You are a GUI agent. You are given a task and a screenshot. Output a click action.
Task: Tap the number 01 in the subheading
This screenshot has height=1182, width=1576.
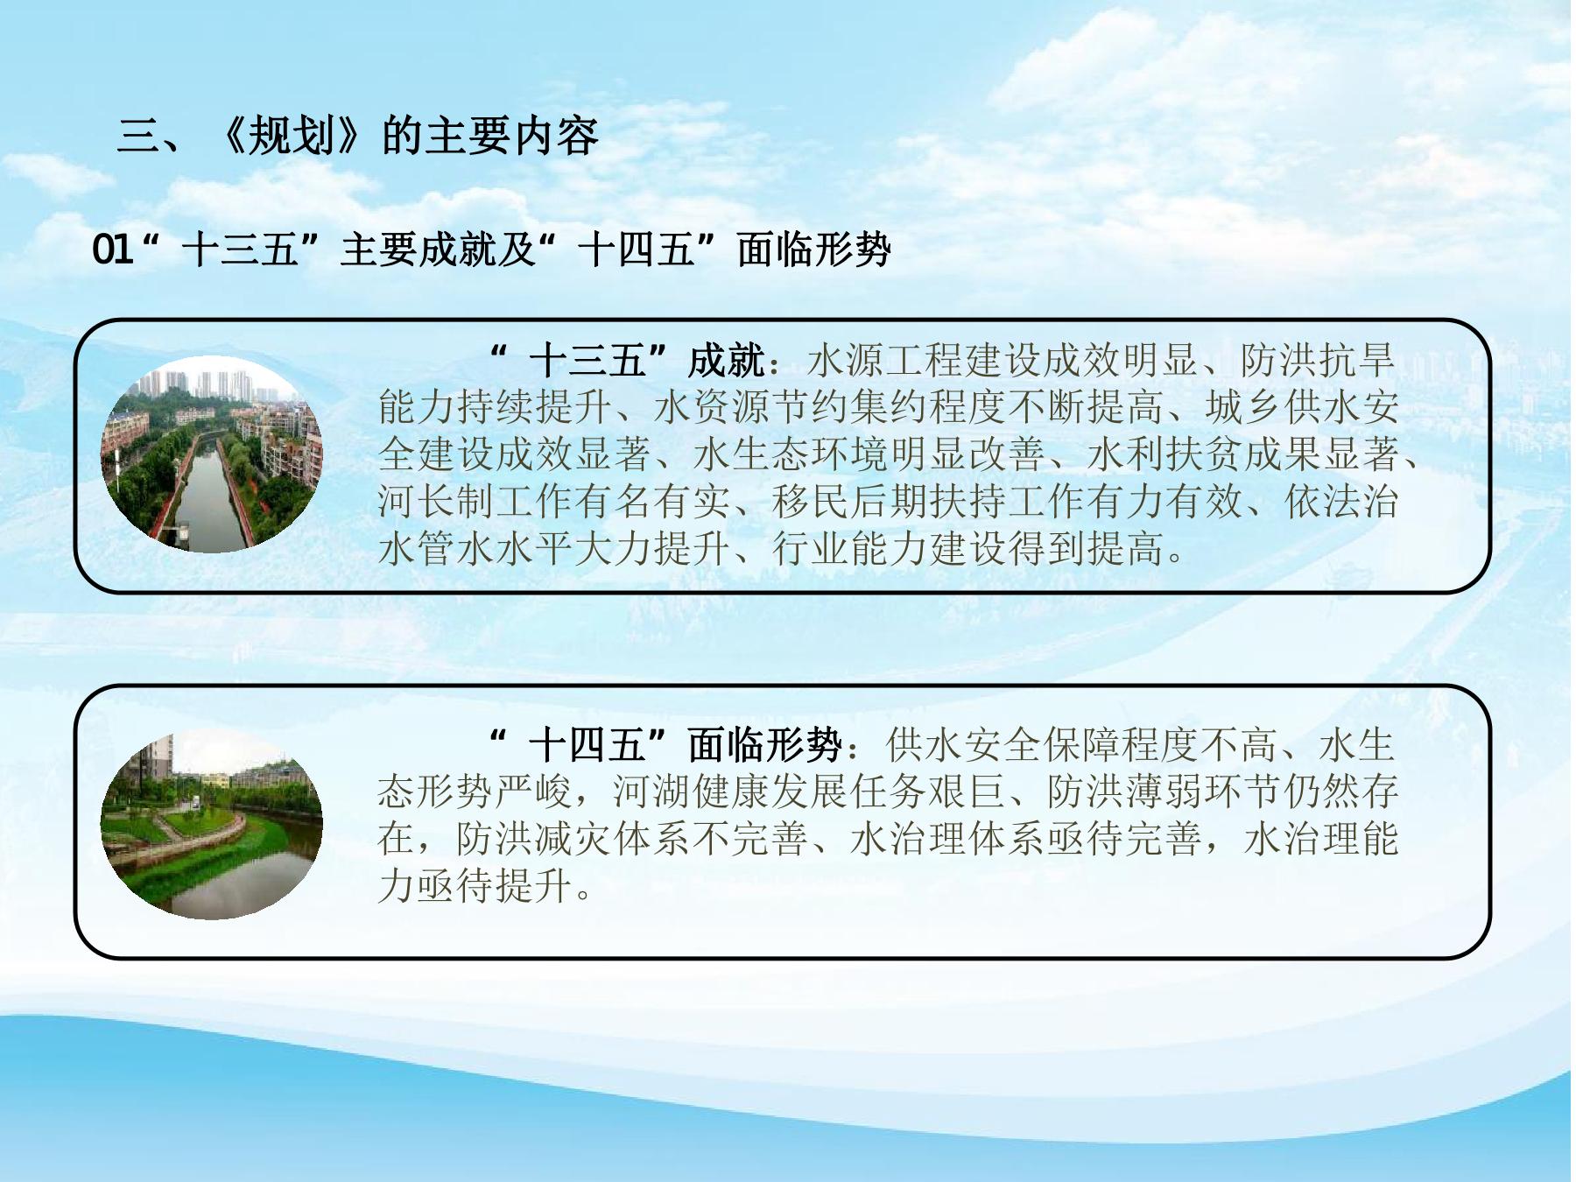[x=113, y=250]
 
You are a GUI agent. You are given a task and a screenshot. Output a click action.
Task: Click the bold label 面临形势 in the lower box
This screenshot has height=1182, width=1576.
[x=764, y=745]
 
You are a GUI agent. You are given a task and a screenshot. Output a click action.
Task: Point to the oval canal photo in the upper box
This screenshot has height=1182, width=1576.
[x=212, y=454]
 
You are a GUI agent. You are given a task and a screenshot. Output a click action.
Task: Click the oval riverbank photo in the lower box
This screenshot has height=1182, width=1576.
[x=212, y=823]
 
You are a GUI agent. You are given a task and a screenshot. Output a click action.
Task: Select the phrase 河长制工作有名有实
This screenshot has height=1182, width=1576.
[x=553, y=502]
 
